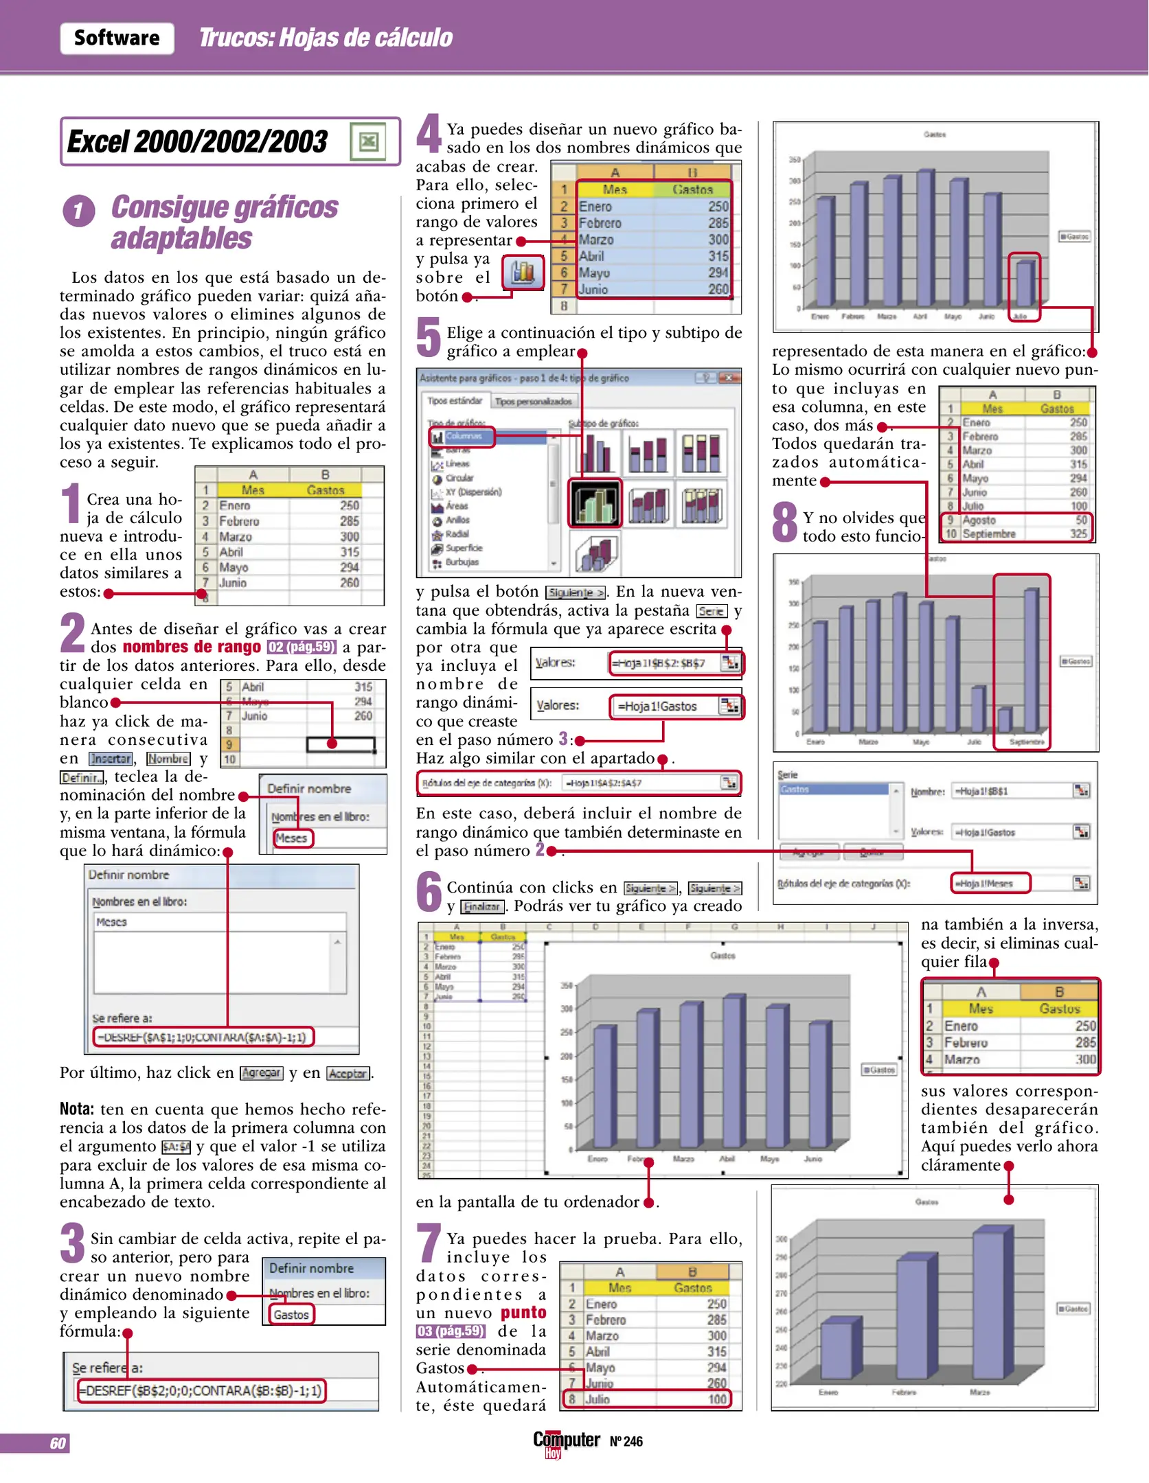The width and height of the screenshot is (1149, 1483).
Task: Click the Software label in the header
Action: (117, 38)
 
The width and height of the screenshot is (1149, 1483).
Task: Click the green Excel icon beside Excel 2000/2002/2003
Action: (368, 141)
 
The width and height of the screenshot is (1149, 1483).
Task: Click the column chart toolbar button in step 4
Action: (523, 273)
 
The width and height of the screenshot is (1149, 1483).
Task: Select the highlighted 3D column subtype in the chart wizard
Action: (595, 503)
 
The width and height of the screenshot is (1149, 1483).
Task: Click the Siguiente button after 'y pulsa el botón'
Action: (576, 593)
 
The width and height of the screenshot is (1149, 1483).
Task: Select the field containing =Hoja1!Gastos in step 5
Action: (663, 706)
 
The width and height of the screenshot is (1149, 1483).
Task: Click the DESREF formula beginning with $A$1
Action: (203, 1037)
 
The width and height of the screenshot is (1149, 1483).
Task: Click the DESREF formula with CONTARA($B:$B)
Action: (201, 1390)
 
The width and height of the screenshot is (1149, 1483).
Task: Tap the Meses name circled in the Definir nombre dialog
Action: (292, 838)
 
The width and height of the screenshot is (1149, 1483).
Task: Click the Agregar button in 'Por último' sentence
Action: (261, 1073)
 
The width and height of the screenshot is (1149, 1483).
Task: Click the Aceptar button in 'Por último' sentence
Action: (348, 1073)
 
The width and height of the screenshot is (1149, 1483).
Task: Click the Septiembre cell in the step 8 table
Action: (989, 533)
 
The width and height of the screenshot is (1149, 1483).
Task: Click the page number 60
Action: (58, 1443)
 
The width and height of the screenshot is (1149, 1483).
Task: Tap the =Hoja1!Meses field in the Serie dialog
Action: (990, 883)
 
